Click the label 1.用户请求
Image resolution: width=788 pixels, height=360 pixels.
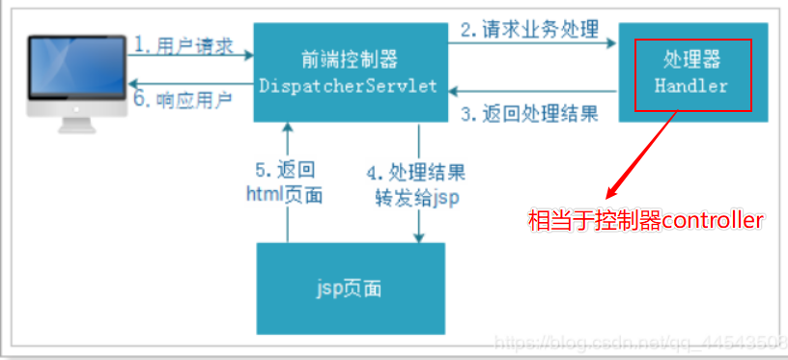pos(183,44)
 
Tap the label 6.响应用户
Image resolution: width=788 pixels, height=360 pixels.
pos(183,101)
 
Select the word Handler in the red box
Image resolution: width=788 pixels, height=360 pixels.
pos(690,86)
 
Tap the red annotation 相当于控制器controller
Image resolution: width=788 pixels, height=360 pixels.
pos(645,221)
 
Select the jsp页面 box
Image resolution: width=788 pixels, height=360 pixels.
pos(351,288)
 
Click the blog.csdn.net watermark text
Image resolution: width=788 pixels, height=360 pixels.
pos(637,343)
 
